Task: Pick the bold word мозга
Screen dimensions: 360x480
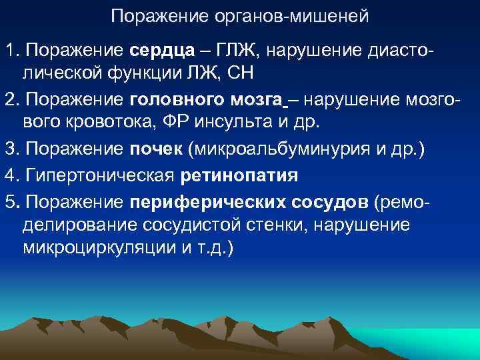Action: (257, 100)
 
